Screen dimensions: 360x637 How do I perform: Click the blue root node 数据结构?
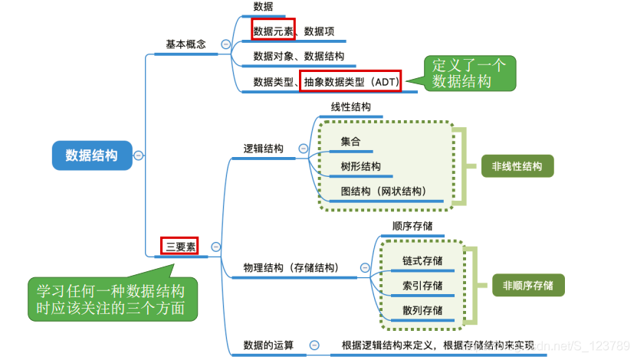(x=91, y=155)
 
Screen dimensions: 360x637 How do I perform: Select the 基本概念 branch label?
(x=186, y=44)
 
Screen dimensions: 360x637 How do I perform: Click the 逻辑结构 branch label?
(x=263, y=149)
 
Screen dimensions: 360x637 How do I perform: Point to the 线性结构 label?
(x=351, y=106)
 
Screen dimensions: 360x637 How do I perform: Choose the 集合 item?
(x=351, y=142)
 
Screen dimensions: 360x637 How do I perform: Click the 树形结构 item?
(x=361, y=166)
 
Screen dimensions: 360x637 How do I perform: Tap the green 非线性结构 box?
(x=517, y=165)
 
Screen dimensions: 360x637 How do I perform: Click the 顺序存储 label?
(x=412, y=226)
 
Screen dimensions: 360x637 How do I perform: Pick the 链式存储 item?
(x=422, y=260)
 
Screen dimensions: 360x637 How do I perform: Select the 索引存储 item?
(x=422, y=286)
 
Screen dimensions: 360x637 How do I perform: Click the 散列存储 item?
(x=422, y=310)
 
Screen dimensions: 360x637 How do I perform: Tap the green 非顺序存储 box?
(x=528, y=285)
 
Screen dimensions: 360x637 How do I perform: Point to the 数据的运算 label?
(x=268, y=345)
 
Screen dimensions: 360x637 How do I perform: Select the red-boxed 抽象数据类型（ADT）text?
(x=350, y=80)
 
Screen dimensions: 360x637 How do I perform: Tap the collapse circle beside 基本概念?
(x=225, y=44)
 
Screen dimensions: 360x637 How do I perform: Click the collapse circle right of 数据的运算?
(x=314, y=346)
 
